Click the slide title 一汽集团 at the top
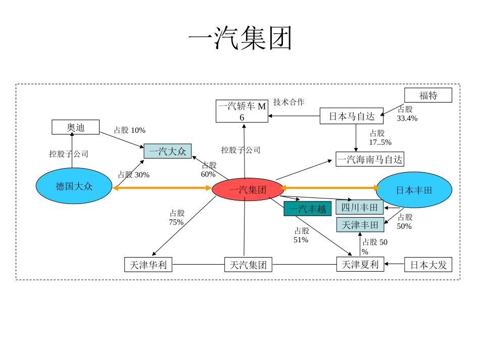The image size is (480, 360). (x=240, y=38)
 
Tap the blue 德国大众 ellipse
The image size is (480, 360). (x=74, y=186)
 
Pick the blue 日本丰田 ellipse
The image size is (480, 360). (x=414, y=190)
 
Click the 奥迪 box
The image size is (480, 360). (x=75, y=127)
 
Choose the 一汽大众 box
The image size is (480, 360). (x=168, y=151)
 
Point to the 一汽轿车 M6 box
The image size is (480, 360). (x=242, y=111)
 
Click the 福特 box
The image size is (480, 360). (x=428, y=95)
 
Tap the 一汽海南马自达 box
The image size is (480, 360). (x=370, y=160)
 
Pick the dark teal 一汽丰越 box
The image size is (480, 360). (x=307, y=209)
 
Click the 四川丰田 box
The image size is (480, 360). (x=359, y=207)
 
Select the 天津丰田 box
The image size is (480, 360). (x=359, y=225)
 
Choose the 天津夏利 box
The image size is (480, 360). (x=360, y=264)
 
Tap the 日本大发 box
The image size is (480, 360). (x=428, y=265)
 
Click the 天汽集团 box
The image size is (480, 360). (x=248, y=265)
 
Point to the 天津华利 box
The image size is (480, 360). (x=148, y=265)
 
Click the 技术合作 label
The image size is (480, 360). (x=289, y=102)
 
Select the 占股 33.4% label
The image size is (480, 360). (x=407, y=114)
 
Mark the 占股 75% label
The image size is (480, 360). (x=177, y=218)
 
